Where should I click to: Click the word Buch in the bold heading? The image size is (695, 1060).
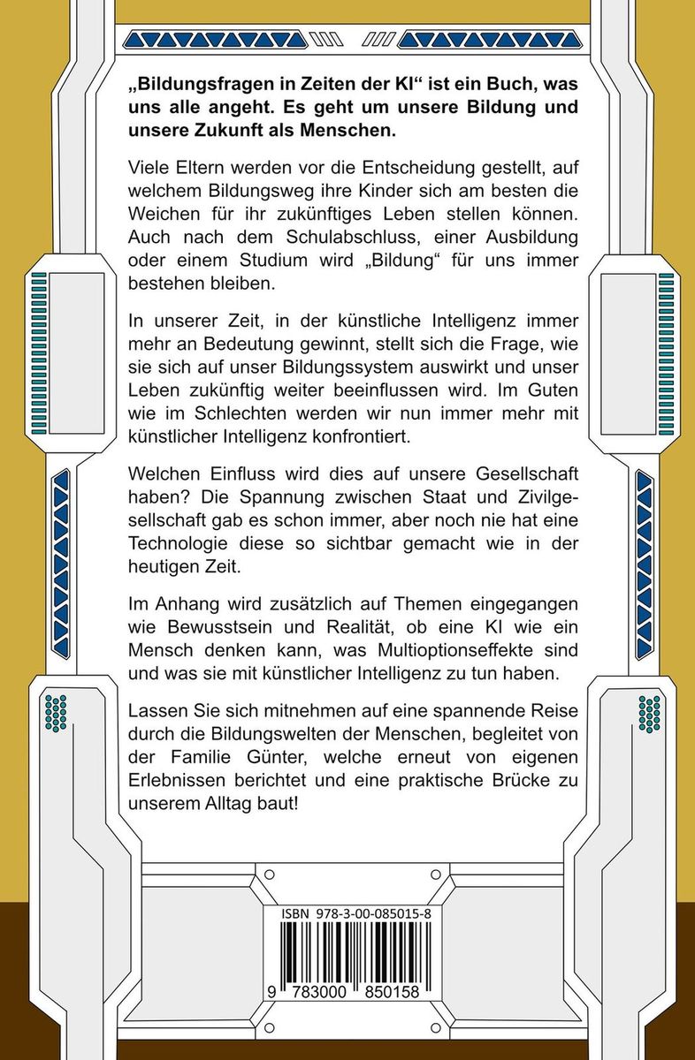[x=470, y=87]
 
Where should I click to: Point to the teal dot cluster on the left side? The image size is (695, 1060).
[x=56, y=711]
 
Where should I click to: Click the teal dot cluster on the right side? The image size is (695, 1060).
[x=648, y=712]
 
